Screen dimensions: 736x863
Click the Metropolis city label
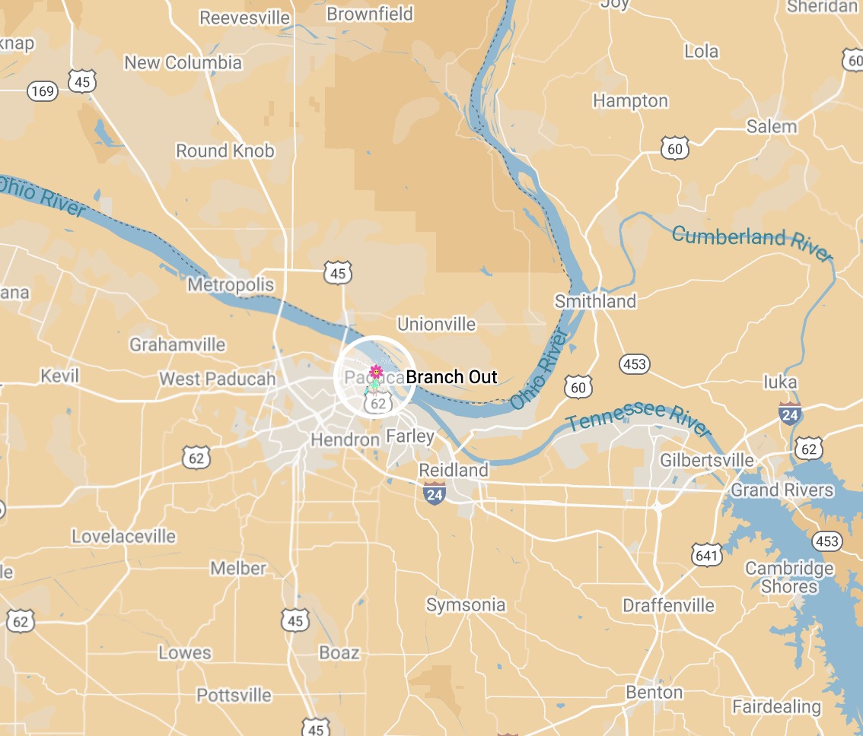[231, 285]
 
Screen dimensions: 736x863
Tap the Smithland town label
[595, 301]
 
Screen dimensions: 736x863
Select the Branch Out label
[451, 377]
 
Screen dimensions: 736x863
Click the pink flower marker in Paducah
[375, 372]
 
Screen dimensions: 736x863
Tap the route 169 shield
[43, 92]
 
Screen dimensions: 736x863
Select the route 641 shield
[706, 556]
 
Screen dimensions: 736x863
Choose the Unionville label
[436, 325]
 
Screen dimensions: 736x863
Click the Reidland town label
[454, 471]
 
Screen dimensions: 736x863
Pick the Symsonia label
[466, 605]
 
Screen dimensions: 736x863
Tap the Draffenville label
[668, 606]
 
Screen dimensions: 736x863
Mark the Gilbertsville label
[707, 461]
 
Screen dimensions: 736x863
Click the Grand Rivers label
[782, 490]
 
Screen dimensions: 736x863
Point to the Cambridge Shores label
[789, 578]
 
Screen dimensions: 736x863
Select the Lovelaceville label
[123, 537]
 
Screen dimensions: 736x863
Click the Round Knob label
[225, 151]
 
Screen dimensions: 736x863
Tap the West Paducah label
[207, 379]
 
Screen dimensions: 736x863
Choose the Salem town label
[771, 126]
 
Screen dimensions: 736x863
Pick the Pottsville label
[234, 695]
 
